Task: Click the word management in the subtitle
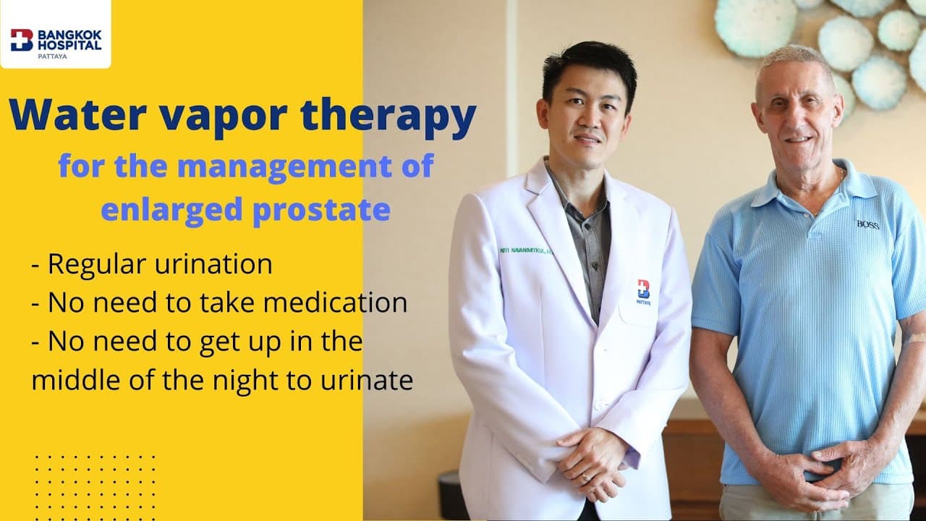click(279, 166)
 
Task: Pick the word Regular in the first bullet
click(98, 264)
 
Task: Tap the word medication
click(334, 302)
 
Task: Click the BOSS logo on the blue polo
click(867, 224)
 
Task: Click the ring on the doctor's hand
click(585, 477)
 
